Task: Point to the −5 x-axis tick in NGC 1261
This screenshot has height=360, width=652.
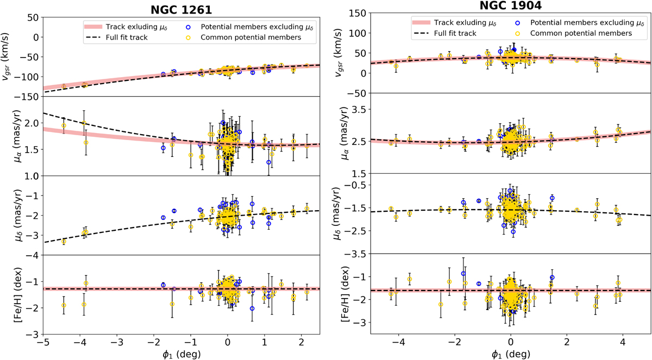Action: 43,345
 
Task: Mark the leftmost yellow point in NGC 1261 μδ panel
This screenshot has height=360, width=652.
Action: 64,241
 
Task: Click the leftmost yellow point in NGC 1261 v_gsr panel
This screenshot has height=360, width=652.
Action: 64,86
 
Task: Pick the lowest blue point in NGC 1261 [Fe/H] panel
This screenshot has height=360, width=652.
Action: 252,308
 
